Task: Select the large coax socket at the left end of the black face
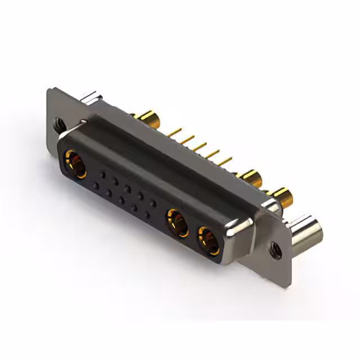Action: tap(76, 164)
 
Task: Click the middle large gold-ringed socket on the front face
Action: tap(177, 222)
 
